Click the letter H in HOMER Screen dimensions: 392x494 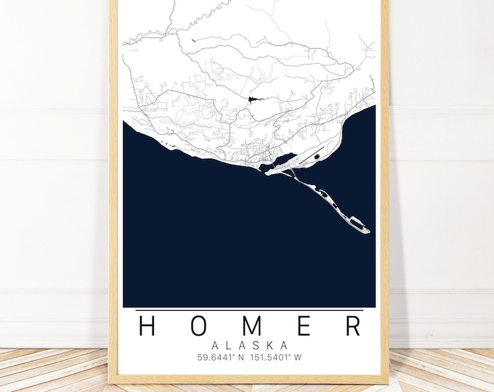click(x=147, y=326)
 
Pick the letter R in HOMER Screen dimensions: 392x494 click(x=352, y=326)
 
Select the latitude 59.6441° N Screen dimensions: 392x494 click(x=219, y=357)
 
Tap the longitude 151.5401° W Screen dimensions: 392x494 click(x=278, y=357)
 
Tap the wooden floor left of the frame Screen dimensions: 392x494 click(x=51, y=370)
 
